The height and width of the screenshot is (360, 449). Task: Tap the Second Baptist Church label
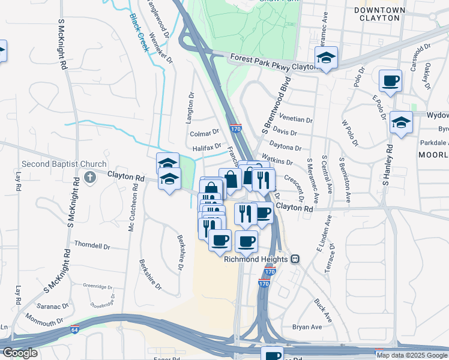coord(64,164)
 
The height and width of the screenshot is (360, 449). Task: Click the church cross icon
coord(90,177)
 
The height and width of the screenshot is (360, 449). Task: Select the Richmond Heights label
coord(256,259)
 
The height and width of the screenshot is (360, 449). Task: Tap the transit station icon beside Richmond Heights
coord(295,259)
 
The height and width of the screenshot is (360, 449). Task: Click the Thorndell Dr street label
coord(92,245)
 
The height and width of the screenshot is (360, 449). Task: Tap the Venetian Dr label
coord(292,119)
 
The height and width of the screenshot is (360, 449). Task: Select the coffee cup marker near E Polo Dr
coord(390,80)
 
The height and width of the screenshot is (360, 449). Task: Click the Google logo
coord(20,353)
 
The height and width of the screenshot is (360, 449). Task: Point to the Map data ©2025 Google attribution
coord(412,355)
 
